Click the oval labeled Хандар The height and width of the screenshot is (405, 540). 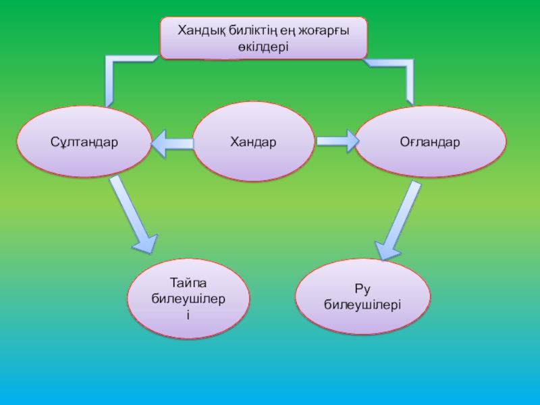click(x=253, y=142)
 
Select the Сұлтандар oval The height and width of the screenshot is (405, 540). click(x=84, y=142)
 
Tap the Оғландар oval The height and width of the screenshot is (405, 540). click(x=430, y=142)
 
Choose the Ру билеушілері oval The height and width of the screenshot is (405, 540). click(x=362, y=297)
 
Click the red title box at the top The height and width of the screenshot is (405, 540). click(x=263, y=38)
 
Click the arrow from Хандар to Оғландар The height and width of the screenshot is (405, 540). click(x=336, y=141)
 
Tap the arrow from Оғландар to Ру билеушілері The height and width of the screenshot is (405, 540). click(x=396, y=220)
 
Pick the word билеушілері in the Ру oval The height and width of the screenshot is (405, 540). click(x=362, y=305)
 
